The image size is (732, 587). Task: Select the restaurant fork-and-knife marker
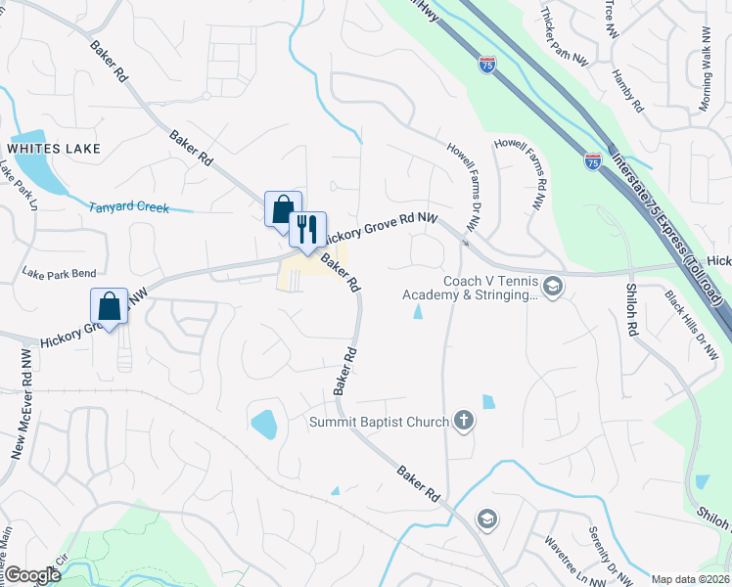[x=307, y=230]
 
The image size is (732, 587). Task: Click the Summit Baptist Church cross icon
[x=463, y=422]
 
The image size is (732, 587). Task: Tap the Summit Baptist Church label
[x=379, y=423]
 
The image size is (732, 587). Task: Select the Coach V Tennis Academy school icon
[x=554, y=287]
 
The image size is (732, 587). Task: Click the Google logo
[x=32, y=575]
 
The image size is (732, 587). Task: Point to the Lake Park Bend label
[x=59, y=273]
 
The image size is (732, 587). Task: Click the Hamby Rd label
[x=627, y=90]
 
